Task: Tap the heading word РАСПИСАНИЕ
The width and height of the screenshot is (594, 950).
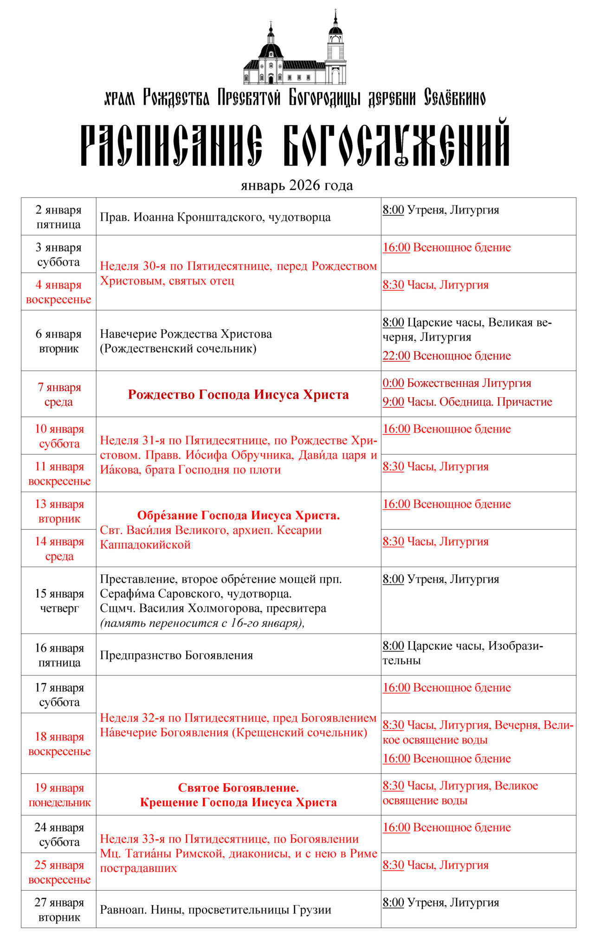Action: pyautogui.click(x=171, y=145)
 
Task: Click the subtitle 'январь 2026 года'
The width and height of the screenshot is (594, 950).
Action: pyautogui.click(x=297, y=186)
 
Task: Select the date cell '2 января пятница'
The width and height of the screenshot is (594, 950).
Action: pyautogui.click(x=58, y=217)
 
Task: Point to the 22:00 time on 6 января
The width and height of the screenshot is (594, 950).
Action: pyautogui.click(x=396, y=356)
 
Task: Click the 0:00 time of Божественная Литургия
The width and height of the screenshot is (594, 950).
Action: pyautogui.click(x=393, y=383)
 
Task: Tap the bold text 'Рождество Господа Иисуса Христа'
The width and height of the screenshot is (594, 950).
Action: pyautogui.click(x=238, y=395)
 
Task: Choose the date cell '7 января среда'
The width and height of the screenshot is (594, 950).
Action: pyautogui.click(x=59, y=394)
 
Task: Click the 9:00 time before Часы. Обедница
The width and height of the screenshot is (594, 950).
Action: pyautogui.click(x=393, y=402)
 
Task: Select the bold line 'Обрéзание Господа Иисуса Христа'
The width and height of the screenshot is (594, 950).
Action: pyautogui.click(x=238, y=515)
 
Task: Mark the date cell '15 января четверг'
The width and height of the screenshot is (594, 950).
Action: pyautogui.click(x=59, y=601)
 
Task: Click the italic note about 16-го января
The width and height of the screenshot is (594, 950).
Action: pyautogui.click(x=202, y=623)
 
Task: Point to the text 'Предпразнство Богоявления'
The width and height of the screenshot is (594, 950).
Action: pyautogui.click(x=176, y=655)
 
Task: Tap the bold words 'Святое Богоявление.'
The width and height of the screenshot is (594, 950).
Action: pyautogui.click(x=238, y=788)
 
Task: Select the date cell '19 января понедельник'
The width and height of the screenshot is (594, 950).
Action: pyautogui.click(x=59, y=795)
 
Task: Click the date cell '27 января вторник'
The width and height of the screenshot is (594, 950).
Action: pyautogui.click(x=59, y=910)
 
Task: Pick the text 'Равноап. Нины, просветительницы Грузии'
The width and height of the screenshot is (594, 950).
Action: pyautogui.click(x=215, y=910)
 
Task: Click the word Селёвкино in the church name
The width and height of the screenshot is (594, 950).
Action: pyautogui.click(x=454, y=98)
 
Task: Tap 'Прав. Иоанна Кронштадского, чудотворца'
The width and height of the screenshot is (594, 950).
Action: pyautogui.click(x=215, y=217)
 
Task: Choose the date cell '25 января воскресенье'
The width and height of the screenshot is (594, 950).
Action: pyautogui.click(x=59, y=872)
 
